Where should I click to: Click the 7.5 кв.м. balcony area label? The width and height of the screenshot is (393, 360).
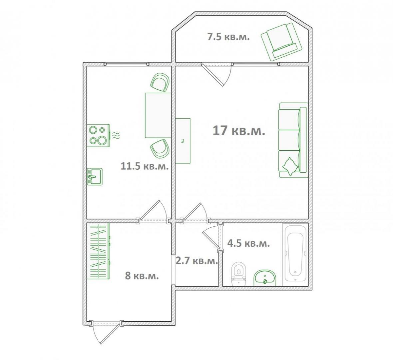pyautogui.click(x=228, y=37)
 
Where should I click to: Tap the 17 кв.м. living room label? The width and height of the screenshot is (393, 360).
pyautogui.click(x=239, y=131)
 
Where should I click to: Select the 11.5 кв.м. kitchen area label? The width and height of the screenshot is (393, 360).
pyautogui.click(x=145, y=166)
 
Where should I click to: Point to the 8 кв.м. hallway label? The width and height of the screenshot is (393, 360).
pyautogui.click(x=142, y=276)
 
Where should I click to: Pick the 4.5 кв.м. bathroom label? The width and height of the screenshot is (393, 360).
pyautogui.click(x=248, y=243)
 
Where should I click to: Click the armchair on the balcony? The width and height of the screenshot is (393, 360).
pyautogui.click(x=281, y=42)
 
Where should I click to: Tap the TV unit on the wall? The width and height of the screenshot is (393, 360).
pyautogui.click(x=183, y=141)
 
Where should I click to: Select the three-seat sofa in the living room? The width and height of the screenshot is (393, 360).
pyautogui.click(x=293, y=140)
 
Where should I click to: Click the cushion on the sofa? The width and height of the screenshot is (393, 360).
pyautogui.click(x=290, y=166)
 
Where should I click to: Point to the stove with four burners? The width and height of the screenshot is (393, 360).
pyautogui.click(x=98, y=135)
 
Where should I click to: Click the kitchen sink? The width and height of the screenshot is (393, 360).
pyautogui.click(x=95, y=177)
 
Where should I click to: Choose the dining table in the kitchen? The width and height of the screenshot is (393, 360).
pyautogui.click(x=158, y=115)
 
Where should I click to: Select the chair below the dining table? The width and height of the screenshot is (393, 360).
pyautogui.click(x=160, y=149)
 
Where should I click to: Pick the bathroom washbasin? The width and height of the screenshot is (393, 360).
pyautogui.click(x=265, y=278)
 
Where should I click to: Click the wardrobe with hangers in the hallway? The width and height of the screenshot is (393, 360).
pyautogui.click(x=98, y=251)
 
